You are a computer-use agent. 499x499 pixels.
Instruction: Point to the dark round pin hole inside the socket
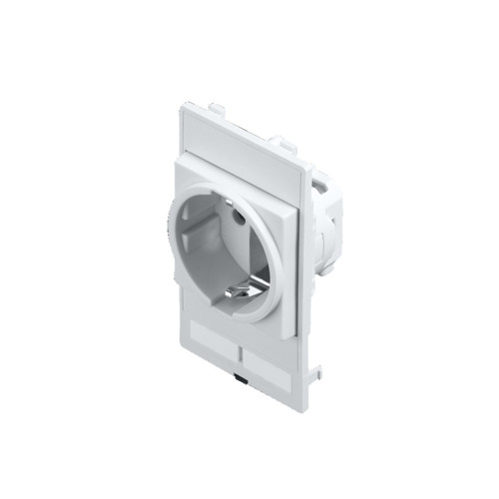point(238,213)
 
